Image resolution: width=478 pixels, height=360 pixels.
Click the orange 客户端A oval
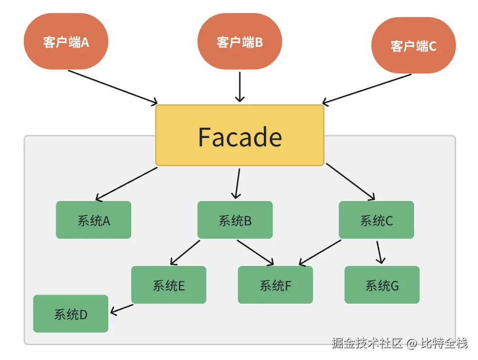66,42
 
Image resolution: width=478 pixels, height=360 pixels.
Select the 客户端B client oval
239,42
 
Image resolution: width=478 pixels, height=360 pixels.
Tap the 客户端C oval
413,46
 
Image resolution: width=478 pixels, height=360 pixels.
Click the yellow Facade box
239,136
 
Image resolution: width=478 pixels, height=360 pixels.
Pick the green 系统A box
94,220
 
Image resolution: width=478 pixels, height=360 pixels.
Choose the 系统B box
235,220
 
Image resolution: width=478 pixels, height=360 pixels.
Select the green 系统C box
376,220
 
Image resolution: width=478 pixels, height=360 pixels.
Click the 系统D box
71,314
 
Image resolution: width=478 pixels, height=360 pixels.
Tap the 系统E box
168,285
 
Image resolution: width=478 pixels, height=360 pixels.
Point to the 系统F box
275,285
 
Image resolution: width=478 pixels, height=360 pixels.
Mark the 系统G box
382,285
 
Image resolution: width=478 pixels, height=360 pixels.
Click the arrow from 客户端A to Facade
113,86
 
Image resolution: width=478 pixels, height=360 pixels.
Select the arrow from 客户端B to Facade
240,86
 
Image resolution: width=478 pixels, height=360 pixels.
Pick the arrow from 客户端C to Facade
366,88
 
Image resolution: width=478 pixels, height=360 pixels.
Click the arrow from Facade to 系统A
126,183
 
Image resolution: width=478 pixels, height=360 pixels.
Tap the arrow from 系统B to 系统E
185,252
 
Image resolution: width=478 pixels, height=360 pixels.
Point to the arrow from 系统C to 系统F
320,253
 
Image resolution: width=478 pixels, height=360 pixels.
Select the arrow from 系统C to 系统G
379,252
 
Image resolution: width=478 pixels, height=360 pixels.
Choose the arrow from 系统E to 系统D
122,309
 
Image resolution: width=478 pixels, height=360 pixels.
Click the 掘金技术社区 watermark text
367,343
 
